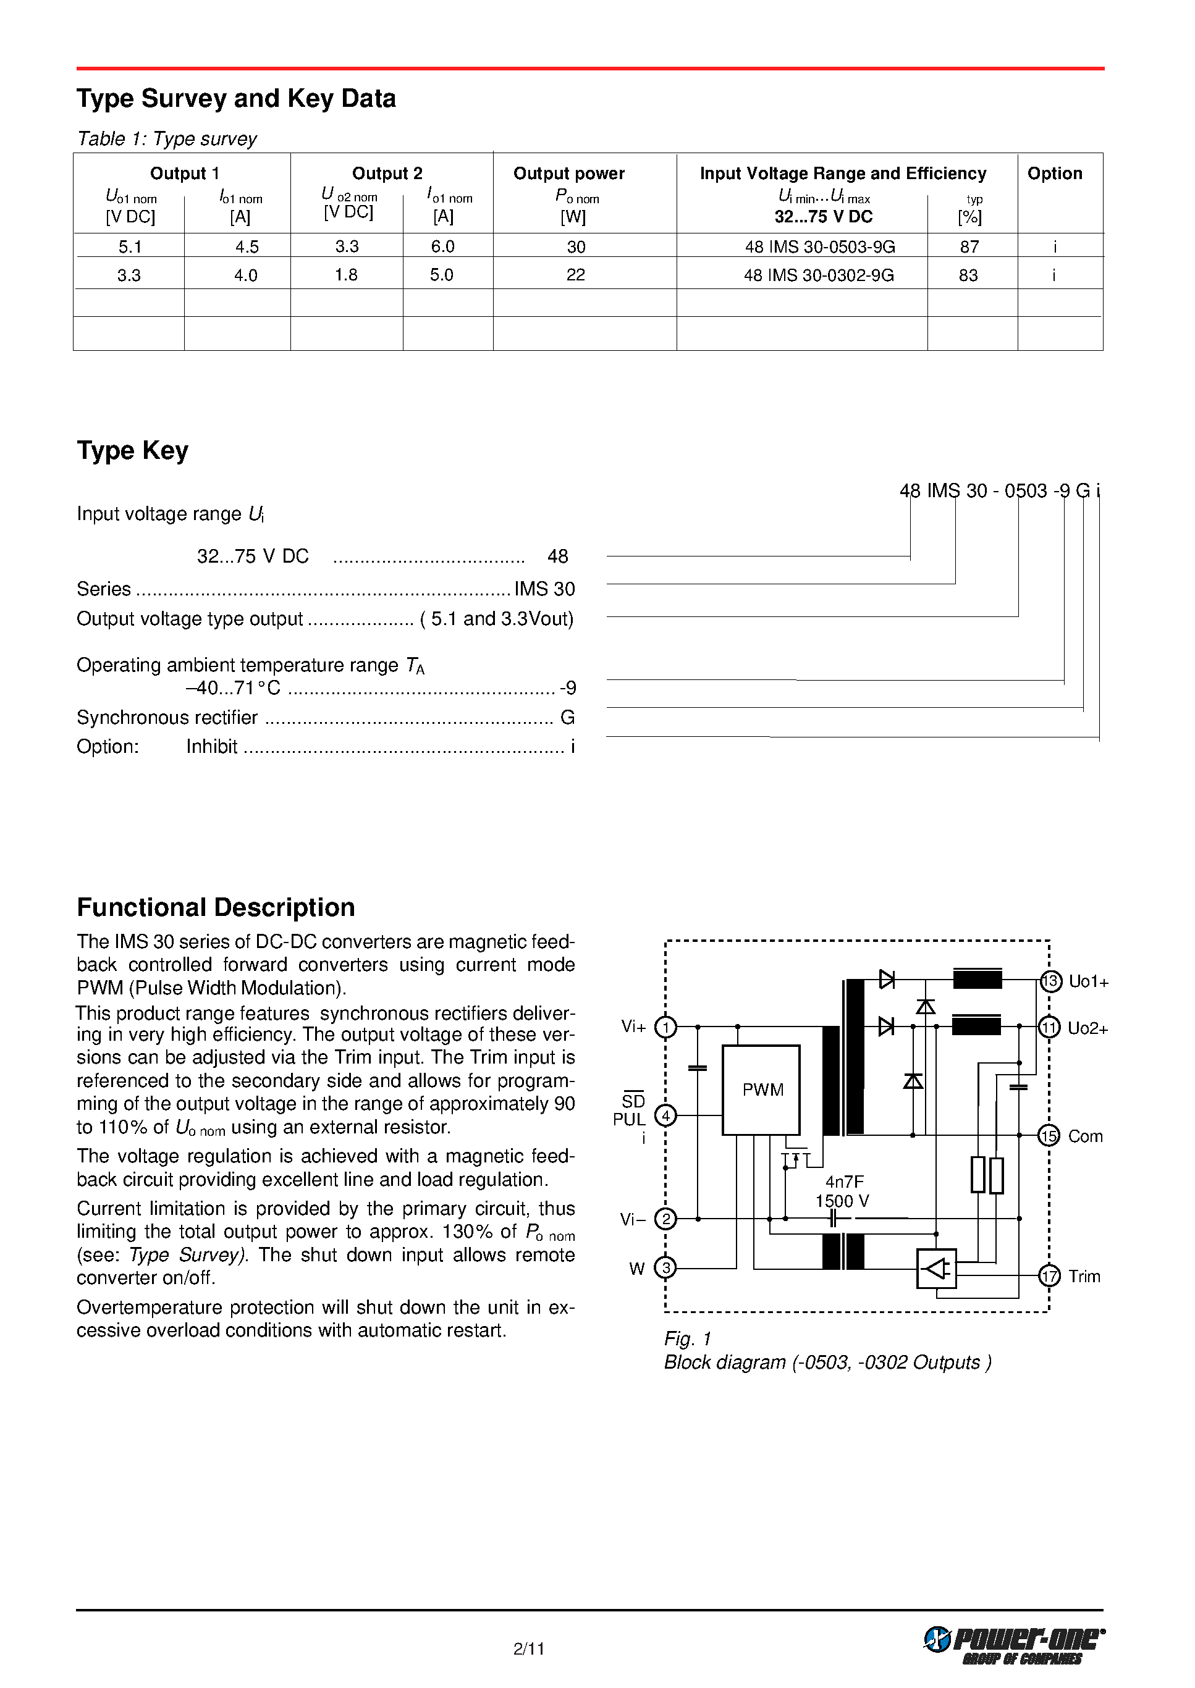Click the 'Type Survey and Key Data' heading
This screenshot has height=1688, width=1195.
tap(236, 99)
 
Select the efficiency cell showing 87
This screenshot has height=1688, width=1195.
tap(969, 247)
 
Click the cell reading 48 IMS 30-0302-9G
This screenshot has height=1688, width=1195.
tap(818, 275)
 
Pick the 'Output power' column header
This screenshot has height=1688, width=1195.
tap(569, 174)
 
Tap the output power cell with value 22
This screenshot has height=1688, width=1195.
tap(575, 275)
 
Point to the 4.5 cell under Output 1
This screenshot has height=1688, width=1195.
tap(247, 247)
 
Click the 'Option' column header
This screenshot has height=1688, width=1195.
tap(1055, 174)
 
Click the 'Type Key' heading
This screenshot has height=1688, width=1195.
tap(132, 450)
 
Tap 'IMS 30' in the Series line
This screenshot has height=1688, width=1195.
tap(544, 589)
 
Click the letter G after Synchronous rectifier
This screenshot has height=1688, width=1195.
tap(567, 717)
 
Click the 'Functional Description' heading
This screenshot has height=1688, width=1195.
tap(216, 908)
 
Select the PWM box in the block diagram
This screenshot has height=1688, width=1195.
tap(762, 1090)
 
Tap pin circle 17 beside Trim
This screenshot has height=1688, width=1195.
tap(1049, 1275)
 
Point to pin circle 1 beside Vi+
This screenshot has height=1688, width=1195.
tap(666, 1027)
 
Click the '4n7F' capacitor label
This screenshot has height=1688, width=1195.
tap(844, 1182)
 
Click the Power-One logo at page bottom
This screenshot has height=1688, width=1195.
tap(1014, 1645)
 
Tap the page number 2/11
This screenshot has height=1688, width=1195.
tap(529, 1649)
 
